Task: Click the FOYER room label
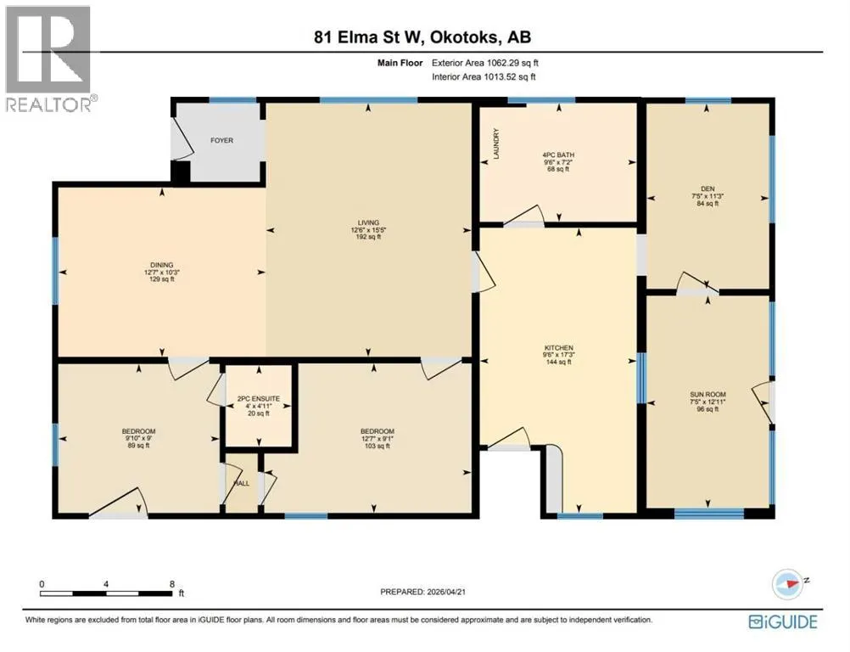point(221,140)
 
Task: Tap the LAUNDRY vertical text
point(495,143)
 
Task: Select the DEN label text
point(707,188)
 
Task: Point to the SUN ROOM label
point(707,395)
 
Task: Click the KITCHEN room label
point(559,348)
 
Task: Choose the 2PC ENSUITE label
point(259,399)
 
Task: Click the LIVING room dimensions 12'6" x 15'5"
point(368,229)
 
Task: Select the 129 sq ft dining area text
point(161,279)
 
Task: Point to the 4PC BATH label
point(558,155)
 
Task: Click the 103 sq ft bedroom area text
point(377,446)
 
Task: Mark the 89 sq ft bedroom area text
point(139,446)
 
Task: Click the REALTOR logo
point(50,59)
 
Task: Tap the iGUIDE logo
point(783,621)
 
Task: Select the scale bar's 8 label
point(172,584)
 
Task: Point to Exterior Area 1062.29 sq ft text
point(485,63)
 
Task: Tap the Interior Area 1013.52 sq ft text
point(484,77)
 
